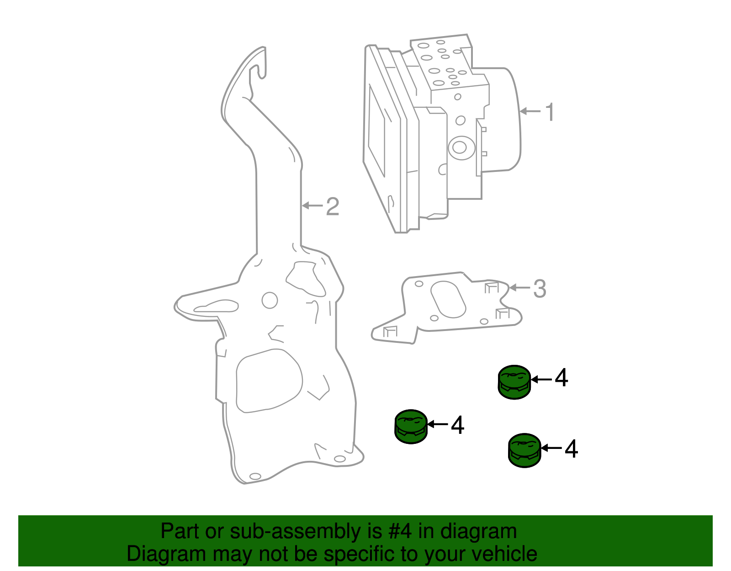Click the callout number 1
click(x=550, y=112)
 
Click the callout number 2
click(x=333, y=207)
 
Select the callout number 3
click(x=540, y=289)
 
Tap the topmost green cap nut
click(x=514, y=382)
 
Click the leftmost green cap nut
click(x=411, y=427)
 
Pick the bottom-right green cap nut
click(x=524, y=450)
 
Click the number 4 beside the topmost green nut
click(x=561, y=379)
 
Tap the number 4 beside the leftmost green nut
click(x=457, y=425)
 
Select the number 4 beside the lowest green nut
click(x=571, y=449)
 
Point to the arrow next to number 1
click(x=530, y=111)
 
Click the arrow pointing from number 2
click(x=313, y=206)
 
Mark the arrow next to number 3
click(x=520, y=288)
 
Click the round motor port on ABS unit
click(x=459, y=147)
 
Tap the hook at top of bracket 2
click(x=259, y=64)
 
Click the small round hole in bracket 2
click(x=270, y=300)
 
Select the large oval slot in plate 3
click(x=448, y=299)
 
